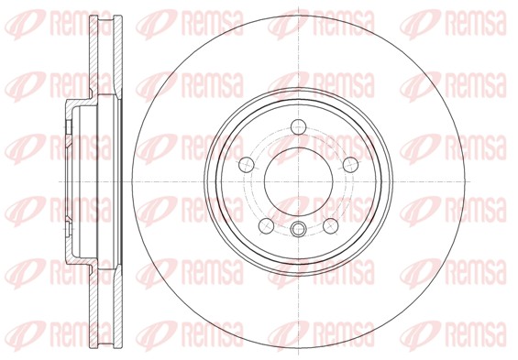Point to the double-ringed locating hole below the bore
click(x=300, y=229)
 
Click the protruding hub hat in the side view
click(x=70, y=180)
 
